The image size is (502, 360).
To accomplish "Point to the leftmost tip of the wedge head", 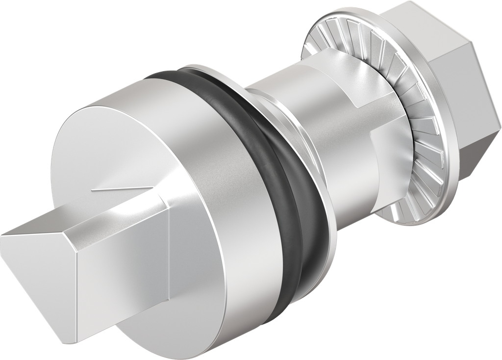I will [2, 235].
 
